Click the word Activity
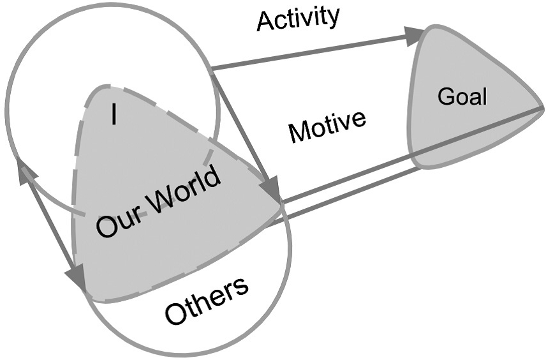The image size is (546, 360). [x=297, y=19]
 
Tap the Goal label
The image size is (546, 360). [x=462, y=97]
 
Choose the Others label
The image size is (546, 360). [x=206, y=301]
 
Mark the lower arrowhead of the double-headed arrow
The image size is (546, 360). [x=77, y=278]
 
